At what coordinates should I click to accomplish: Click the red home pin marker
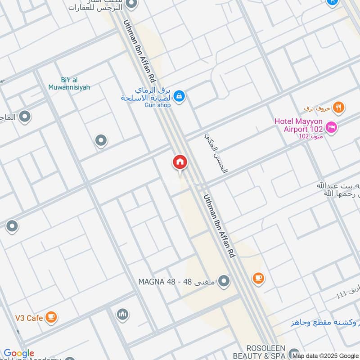(x=180, y=162)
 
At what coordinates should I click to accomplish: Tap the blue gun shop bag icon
(x=179, y=96)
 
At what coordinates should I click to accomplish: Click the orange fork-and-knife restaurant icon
(x=339, y=108)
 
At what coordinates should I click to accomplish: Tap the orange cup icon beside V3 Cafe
(x=51, y=318)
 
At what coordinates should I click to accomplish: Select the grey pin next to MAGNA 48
(x=224, y=282)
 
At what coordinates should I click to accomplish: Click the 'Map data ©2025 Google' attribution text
(x=325, y=355)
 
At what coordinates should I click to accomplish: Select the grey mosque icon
(x=122, y=315)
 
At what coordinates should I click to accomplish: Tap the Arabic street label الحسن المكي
(x=216, y=153)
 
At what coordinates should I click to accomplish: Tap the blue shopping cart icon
(x=332, y=2)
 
